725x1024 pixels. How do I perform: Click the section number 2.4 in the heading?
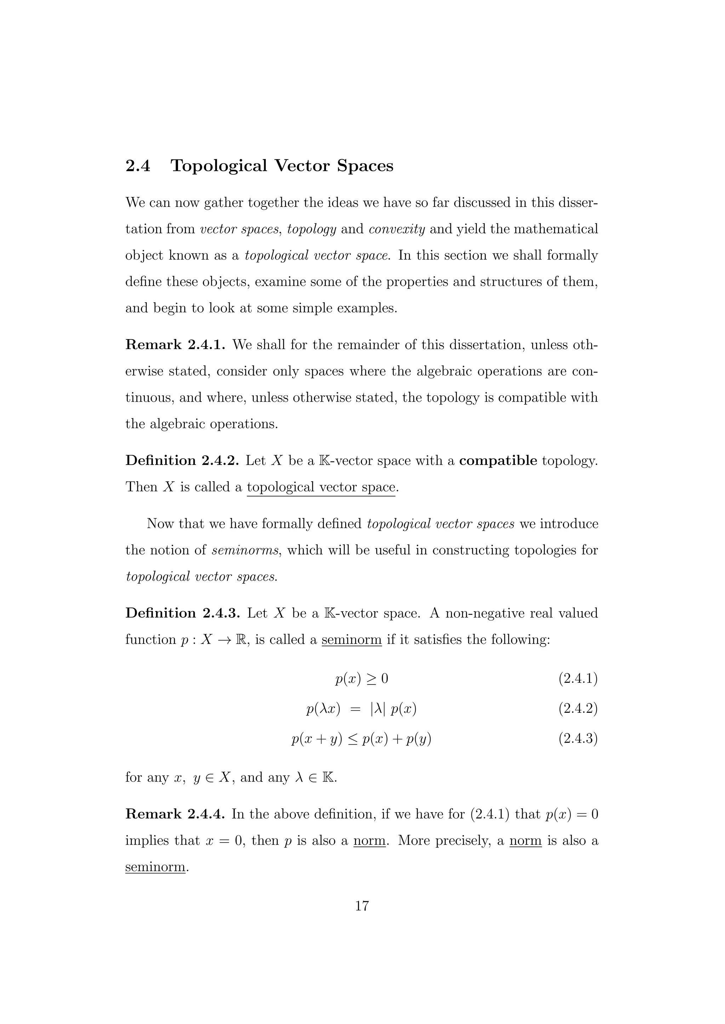pyautogui.click(x=138, y=166)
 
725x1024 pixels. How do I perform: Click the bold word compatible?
pyautogui.click(x=498, y=460)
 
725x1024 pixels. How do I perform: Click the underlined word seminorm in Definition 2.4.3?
pyautogui.click(x=351, y=640)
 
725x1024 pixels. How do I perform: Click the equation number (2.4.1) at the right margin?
pyautogui.click(x=578, y=679)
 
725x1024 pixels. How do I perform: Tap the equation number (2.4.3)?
pyautogui.click(x=578, y=739)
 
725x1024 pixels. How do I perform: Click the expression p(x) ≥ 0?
pyautogui.click(x=361, y=679)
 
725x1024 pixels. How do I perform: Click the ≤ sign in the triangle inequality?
pyautogui.click(x=352, y=739)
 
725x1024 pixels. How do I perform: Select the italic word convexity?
pyautogui.click(x=396, y=229)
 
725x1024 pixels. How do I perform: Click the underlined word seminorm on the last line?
pyautogui.click(x=155, y=867)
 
